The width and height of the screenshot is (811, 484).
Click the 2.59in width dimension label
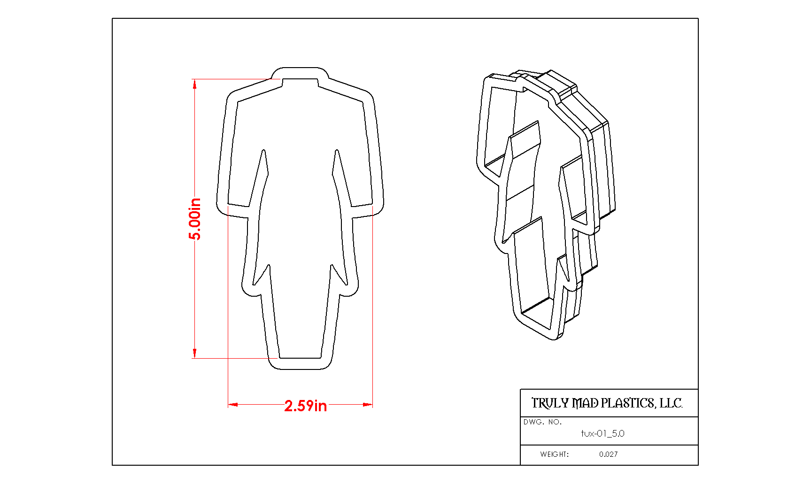tap(306, 406)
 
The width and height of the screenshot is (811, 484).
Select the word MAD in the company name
tap(585, 403)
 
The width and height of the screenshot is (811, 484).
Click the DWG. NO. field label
tap(542, 422)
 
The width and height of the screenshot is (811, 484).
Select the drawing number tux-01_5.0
tap(603, 433)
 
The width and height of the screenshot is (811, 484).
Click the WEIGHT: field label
tap(554, 454)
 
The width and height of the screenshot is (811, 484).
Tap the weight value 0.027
tap(609, 454)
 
